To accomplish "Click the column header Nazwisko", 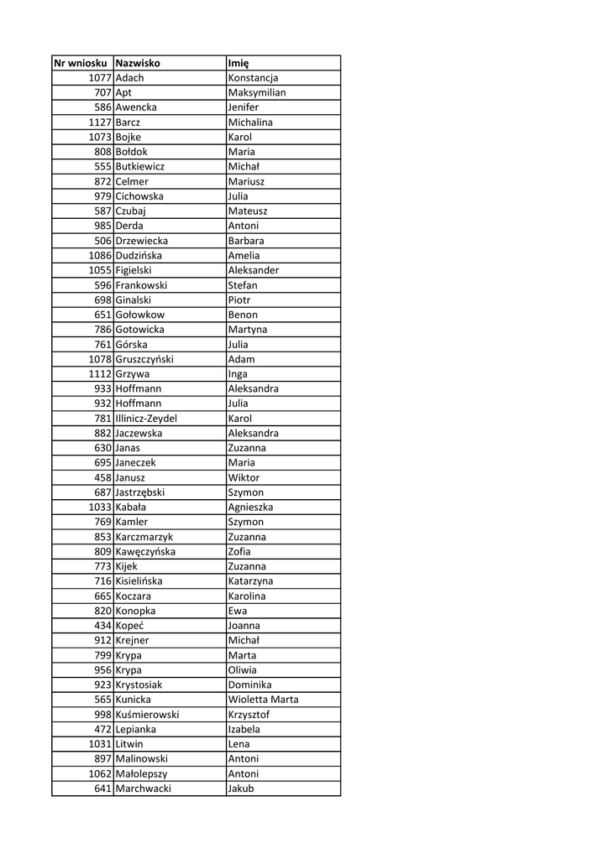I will pos(138,63).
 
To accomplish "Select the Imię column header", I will pos(238,63).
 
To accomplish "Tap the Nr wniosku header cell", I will pos(81,63).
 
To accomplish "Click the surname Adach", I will pos(129,78).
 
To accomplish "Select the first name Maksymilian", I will pos(257,92).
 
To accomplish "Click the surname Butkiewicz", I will pos(140,167).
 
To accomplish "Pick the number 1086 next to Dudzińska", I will pos(100,256).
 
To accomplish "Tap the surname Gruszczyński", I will pos(144,359).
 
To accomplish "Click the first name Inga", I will pos(238,374).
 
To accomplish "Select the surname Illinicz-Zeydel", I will pos(146,419).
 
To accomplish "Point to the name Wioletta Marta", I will pos(263,700).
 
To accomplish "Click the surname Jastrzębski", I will pos(140,492).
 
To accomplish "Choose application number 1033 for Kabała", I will pos(100,508).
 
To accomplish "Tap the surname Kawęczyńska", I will pos(145,552).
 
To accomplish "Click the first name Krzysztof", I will pos(249,715).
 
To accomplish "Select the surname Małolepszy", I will pos(141,774).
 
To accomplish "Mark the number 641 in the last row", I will pos(103,789).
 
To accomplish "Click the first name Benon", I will pos(243,315).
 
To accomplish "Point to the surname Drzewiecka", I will pos(141,241).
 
